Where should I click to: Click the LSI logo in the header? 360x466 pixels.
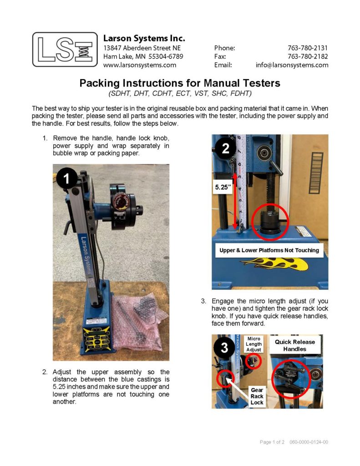pos(65,49)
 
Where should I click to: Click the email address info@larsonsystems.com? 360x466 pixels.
pos(292,65)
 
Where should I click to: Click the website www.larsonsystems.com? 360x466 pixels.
pos(140,65)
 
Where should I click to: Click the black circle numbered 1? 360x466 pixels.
pos(66,179)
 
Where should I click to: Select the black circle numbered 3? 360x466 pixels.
pos(225,348)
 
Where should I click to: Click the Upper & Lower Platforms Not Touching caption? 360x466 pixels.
pos(269,250)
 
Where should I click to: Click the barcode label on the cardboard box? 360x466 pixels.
pos(315,168)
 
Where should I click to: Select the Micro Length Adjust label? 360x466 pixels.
pos(254,344)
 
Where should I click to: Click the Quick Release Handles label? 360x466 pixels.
pos(294,345)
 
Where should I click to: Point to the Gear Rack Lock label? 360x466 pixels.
pos(257,396)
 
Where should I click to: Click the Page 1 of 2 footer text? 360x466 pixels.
pos(272,442)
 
